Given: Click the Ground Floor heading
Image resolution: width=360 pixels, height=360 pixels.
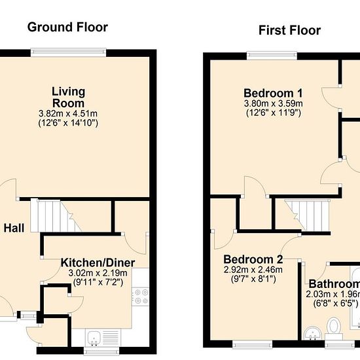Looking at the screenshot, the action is pyautogui.click(x=67, y=27).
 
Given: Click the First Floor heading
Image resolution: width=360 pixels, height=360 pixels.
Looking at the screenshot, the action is pyautogui.click(x=289, y=30).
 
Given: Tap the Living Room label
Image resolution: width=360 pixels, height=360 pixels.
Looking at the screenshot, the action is pyautogui.click(x=69, y=97).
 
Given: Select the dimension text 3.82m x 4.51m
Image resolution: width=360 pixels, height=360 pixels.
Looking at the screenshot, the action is pyautogui.click(x=68, y=113).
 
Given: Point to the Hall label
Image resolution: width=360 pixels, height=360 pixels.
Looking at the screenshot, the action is pyautogui.click(x=14, y=228).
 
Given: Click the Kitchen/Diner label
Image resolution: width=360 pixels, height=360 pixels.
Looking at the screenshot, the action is pyautogui.click(x=98, y=262).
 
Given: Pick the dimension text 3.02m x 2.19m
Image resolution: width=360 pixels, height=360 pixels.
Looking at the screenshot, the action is pyautogui.click(x=98, y=273).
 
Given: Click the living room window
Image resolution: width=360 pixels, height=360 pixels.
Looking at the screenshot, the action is pyautogui.click(x=69, y=52).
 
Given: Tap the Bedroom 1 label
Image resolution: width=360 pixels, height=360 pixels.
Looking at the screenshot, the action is pyautogui.click(x=273, y=93).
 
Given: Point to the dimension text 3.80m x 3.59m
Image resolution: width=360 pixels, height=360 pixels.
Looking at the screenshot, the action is pyautogui.click(x=273, y=103).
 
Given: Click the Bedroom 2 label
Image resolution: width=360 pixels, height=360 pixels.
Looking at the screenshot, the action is pyautogui.click(x=253, y=259).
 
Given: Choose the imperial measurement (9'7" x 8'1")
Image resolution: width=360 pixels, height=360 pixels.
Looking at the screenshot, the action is pyautogui.click(x=253, y=279).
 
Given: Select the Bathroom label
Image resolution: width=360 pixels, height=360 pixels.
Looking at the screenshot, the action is pyautogui.click(x=334, y=284).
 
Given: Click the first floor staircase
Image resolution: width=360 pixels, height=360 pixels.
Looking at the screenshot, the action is pyautogui.click(x=307, y=215).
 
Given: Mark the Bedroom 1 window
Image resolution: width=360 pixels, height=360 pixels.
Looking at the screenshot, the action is pyautogui.click(x=272, y=56).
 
